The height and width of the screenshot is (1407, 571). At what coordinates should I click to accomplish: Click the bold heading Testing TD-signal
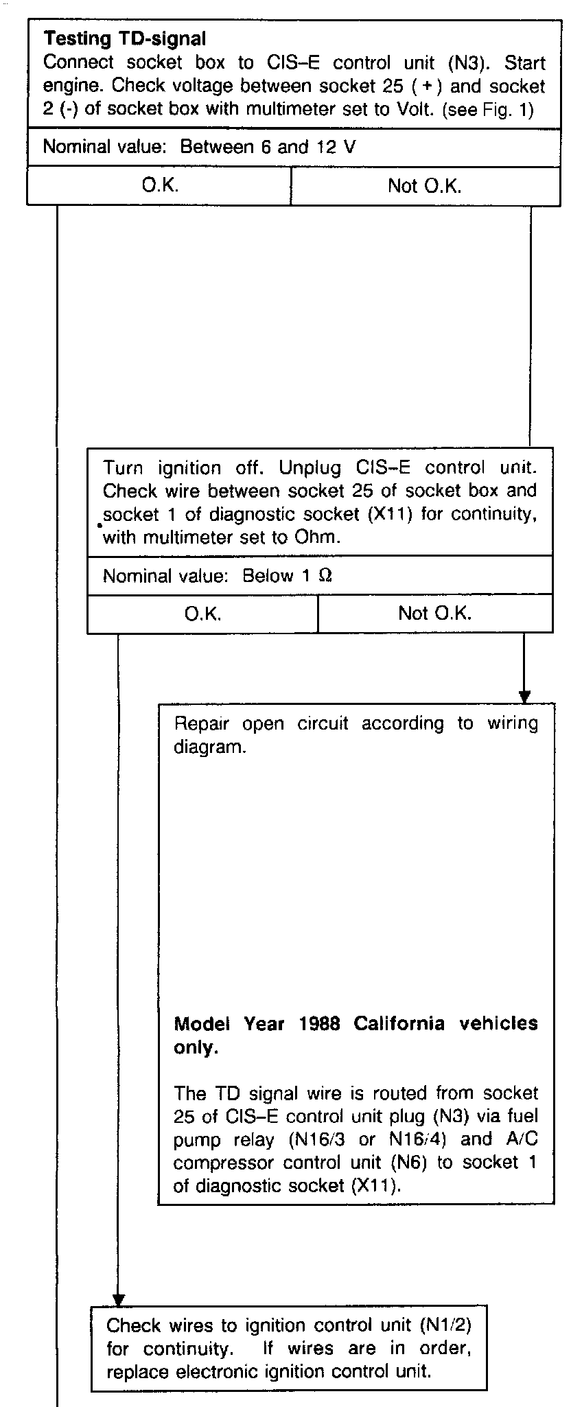pos(125,38)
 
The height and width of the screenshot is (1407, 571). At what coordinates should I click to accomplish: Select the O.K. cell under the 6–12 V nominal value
pos(160,186)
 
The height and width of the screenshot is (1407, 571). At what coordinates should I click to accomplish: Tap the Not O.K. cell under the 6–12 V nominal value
pos(425,186)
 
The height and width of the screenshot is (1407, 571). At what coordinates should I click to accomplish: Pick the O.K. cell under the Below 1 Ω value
pos(202,613)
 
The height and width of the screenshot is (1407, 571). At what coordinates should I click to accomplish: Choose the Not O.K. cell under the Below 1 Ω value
pos(434,613)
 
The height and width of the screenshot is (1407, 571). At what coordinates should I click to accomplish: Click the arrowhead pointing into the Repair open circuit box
pos(525,697)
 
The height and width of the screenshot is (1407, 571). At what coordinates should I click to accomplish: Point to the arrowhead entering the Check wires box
pos(119,1300)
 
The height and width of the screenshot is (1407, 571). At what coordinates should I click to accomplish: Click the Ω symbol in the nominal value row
pos(325,576)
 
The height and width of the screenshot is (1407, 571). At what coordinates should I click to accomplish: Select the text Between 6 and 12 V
pos(268,148)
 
